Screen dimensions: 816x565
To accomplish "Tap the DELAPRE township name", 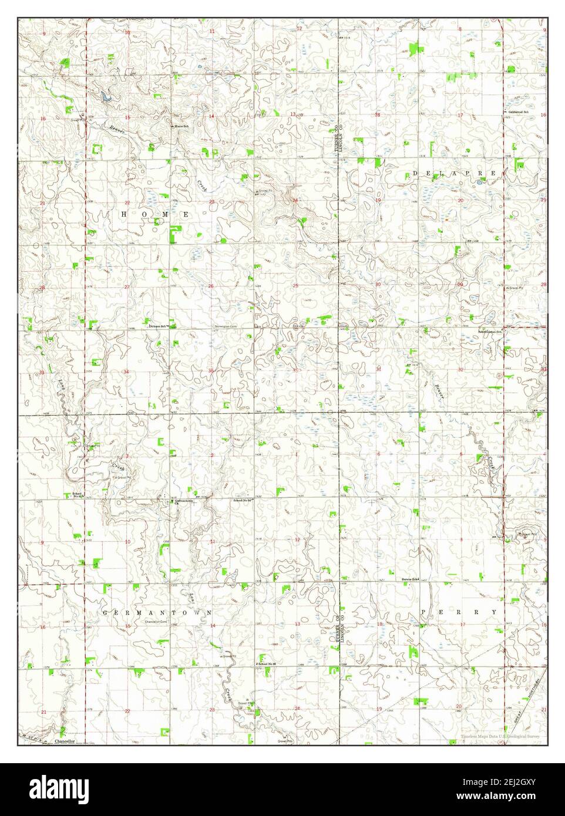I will [454, 173].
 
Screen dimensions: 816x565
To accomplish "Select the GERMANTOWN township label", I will [157, 612].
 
